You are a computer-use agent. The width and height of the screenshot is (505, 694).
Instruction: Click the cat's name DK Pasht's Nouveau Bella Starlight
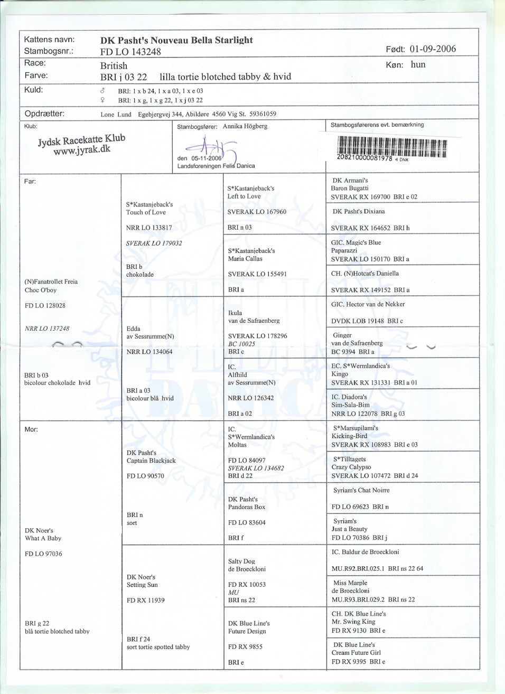point(176,40)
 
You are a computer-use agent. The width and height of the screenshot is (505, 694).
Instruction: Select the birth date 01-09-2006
point(432,49)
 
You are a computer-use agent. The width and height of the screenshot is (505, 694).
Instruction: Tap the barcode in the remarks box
point(391,147)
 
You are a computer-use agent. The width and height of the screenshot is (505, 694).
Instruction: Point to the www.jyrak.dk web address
point(82,149)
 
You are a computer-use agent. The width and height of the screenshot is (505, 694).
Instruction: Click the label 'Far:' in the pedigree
point(30,182)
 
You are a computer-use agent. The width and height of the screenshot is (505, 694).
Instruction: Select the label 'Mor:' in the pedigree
point(31,429)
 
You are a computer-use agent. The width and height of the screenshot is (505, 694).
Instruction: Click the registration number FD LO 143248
point(130,52)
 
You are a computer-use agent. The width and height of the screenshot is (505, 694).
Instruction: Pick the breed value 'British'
point(114,66)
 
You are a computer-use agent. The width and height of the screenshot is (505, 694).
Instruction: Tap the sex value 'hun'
point(418,65)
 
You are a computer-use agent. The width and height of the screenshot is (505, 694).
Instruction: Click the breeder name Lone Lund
point(116,114)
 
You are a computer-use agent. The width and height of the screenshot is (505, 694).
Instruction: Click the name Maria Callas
point(245,259)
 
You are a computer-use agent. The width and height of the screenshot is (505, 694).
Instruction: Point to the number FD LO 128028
point(45,306)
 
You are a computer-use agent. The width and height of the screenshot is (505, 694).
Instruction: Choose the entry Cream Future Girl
point(356,653)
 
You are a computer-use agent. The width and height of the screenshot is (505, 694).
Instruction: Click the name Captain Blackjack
point(151,461)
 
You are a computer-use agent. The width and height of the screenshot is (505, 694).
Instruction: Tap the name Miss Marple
point(350,583)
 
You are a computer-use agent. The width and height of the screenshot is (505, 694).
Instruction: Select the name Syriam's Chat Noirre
point(361,490)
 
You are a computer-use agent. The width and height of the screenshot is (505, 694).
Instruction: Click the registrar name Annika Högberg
point(245,127)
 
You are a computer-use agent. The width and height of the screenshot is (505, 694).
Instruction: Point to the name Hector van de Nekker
point(375,304)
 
